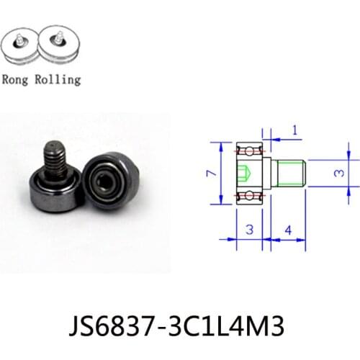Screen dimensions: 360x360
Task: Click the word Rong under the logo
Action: click(x=16, y=79)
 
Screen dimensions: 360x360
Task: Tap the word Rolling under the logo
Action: click(x=55, y=80)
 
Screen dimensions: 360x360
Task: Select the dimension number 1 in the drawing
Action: click(x=295, y=130)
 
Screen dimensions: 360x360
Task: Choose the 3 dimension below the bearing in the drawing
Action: click(x=249, y=230)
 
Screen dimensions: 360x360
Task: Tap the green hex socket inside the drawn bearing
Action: click(x=243, y=174)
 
